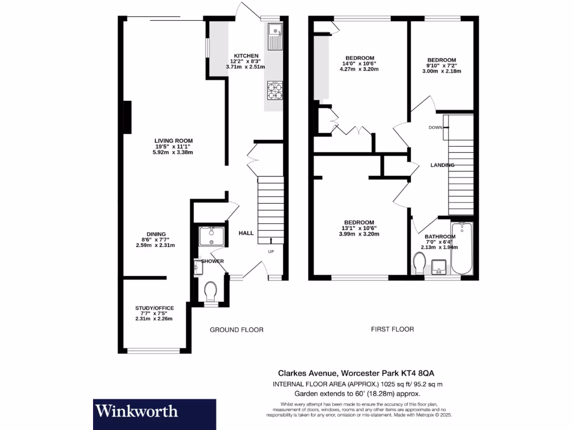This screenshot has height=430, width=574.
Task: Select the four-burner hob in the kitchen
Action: (275, 91)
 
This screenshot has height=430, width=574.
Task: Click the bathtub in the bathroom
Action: (462, 249)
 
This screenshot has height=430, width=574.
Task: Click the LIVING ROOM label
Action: (174, 141)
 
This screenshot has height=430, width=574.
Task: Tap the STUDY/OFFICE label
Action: (155, 308)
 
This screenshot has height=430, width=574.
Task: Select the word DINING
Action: (156, 235)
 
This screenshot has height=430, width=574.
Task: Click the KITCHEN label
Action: (246, 56)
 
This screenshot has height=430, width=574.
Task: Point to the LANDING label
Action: (442, 165)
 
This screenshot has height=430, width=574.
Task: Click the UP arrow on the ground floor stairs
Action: (271, 241)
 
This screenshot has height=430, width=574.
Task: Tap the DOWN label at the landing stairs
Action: (436, 128)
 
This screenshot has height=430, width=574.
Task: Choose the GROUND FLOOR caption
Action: (237, 330)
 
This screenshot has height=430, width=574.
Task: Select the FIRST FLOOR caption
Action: (392, 329)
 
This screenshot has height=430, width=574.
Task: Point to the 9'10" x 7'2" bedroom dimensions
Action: (442, 66)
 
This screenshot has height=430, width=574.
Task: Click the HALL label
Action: (246, 233)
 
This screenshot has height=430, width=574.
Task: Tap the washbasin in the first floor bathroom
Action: (439, 267)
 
